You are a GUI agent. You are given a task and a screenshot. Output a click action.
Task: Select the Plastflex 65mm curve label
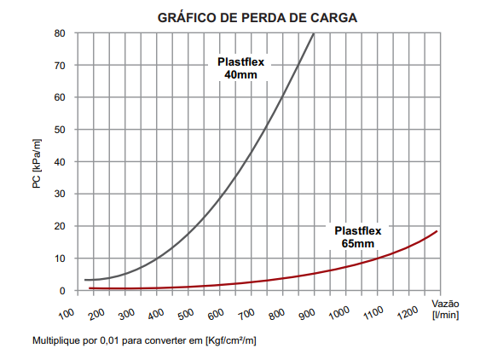tap(358, 237)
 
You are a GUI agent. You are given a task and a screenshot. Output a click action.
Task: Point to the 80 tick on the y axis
tap(59, 33)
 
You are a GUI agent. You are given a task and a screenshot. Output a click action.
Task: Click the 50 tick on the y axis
tap(59, 130)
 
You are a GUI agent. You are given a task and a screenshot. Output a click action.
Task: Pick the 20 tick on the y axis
tap(59, 226)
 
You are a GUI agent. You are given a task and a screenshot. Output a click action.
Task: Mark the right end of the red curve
tap(437, 231)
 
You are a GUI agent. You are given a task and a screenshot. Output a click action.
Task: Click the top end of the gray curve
tap(313, 34)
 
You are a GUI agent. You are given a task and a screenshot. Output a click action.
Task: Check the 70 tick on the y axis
tap(59, 66)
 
